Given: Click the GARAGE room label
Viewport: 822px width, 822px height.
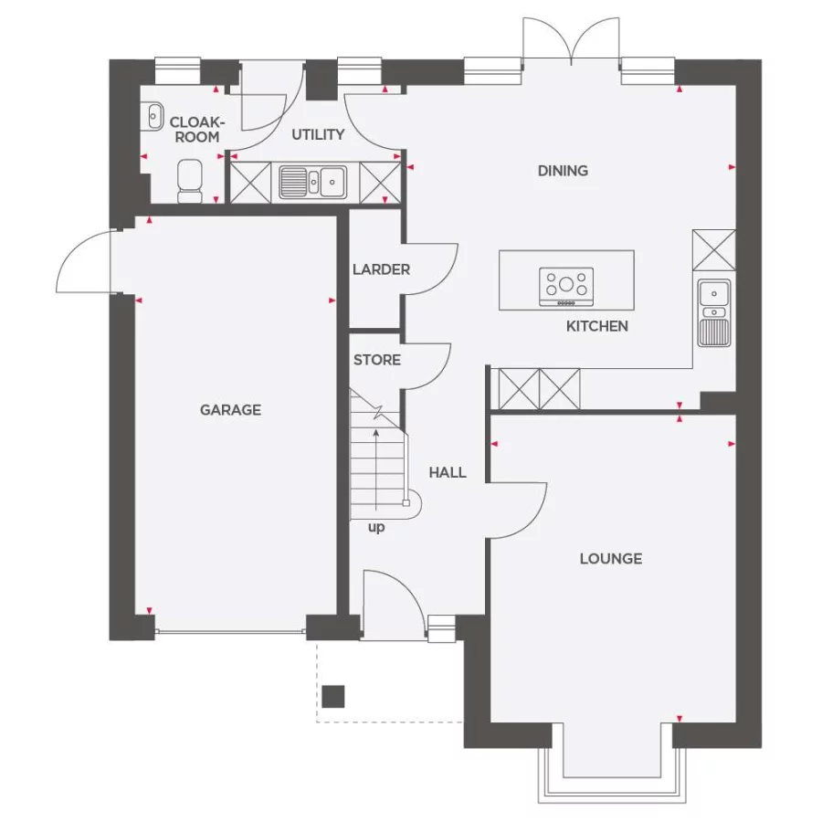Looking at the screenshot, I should pyautogui.click(x=230, y=410).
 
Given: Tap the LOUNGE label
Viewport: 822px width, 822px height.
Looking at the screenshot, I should pyautogui.click(x=610, y=558).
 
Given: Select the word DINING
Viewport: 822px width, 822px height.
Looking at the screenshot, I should pyautogui.click(x=563, y=171).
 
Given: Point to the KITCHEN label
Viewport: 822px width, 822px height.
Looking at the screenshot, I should pyautogui.click(x=596, y=326).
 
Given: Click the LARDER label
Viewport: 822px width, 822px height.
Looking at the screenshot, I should pyautogui.click(x=381, y=269).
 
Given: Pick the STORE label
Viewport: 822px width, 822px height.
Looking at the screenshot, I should pyautogui.click(x=377, y=360).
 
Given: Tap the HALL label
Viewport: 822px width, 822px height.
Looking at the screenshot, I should pyautogui.click(x=448, y=472).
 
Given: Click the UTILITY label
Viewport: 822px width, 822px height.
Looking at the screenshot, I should pyautogui.click(x=318, y=134).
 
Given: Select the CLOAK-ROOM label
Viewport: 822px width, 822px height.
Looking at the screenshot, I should pyautogui.click(x=195, y=129).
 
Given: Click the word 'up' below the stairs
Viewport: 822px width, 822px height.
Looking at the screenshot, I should pyautogui.click(x=376, y=527).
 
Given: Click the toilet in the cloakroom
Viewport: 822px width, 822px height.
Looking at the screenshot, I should pyautogui.click(x=190, y=179).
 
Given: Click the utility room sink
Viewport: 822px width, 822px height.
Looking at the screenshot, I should pyautogui.click(x=311, y=182).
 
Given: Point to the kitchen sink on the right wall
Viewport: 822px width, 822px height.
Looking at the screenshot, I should pyautogui.click(x=713, y=312).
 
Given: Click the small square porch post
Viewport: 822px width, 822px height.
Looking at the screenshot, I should pyautogui.click(x=333, y=696).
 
